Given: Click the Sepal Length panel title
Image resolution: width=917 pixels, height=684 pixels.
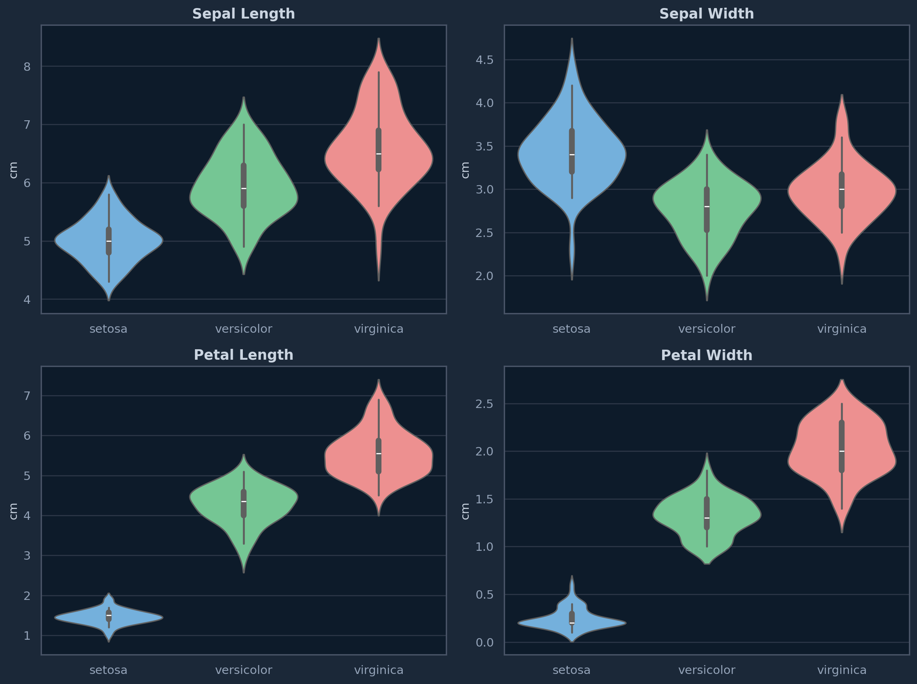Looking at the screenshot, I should (x=244, y=14).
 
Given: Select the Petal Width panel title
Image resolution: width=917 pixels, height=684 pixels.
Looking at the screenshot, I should (x=706, y=355).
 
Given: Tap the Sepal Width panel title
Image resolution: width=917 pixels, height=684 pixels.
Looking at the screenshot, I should (x=706, y=14).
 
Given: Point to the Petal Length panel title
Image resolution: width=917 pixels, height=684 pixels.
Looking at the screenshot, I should (x=244, y=355).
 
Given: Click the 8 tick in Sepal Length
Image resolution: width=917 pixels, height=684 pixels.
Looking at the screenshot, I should (x=27, y=67).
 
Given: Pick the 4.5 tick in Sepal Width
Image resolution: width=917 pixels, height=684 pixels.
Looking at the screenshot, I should (x=484, y=60).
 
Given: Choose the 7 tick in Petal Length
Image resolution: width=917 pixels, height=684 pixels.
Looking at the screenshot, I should (x=27, y=396).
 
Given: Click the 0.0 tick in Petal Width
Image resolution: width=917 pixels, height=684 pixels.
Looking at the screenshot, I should (x=484, y=643).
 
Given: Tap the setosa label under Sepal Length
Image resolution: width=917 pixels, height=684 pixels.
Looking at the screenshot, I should (x=109, y=329).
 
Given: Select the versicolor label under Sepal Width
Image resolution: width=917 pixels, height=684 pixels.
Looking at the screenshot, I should (x=706, y=329).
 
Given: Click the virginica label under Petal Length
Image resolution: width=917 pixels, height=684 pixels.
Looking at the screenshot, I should (x=379, y=670).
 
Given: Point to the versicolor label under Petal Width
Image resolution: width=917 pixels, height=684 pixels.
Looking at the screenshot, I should (x=706, y=670).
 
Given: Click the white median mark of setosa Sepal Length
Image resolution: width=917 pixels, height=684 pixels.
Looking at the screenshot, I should (x=109, y=241).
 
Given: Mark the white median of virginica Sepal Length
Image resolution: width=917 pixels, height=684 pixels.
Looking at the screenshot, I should (x=379, y=154).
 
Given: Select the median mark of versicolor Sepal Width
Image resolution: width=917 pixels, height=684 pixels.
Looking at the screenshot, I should (x=707, y=206).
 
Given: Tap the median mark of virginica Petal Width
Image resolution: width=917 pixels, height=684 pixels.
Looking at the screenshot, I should (x=842, y=451).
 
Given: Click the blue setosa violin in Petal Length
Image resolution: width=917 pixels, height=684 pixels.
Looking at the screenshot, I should (x=83, y=617).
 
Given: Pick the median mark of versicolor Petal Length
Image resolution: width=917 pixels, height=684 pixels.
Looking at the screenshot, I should (x=244, y=501).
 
